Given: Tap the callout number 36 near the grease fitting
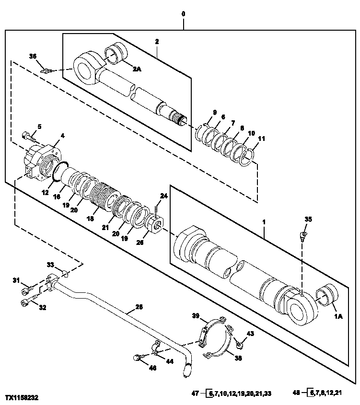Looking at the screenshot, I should (x=33, y=56).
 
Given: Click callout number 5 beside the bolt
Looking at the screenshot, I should (x=39, y=127).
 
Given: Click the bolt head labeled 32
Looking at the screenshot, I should (x=25, y=302).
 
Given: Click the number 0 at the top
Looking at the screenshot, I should (x=183, y=14).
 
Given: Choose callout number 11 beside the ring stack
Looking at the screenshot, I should (x=261, y=139).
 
